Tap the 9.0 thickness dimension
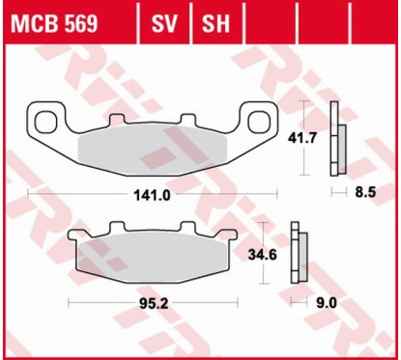click(328, 302)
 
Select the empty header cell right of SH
click(268, 21)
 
